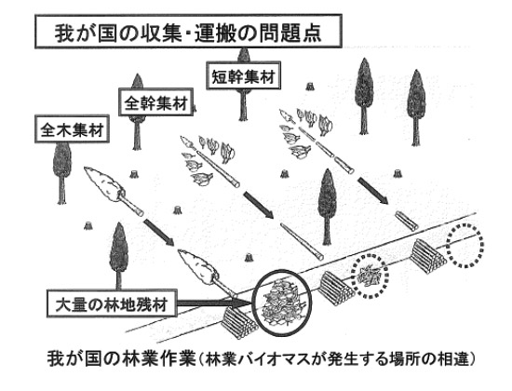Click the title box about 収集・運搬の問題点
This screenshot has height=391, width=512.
coord(188,32)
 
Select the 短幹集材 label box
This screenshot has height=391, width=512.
coord(244,75)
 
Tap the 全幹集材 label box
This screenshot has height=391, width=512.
coord(155,101)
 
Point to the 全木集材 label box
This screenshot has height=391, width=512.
coord(72,128)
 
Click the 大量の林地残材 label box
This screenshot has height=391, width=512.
coord(111,303)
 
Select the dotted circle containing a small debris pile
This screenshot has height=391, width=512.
coord(353,276)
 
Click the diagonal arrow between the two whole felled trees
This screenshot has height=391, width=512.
coord(159,232)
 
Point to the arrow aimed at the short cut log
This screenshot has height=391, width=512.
coord(373,191)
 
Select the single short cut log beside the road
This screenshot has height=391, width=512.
coord(407,222)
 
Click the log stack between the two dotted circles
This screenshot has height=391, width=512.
coord(428,256)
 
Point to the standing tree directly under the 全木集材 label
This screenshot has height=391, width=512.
coord(61,173)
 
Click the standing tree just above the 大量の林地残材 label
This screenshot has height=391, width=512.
coord(118,256)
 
